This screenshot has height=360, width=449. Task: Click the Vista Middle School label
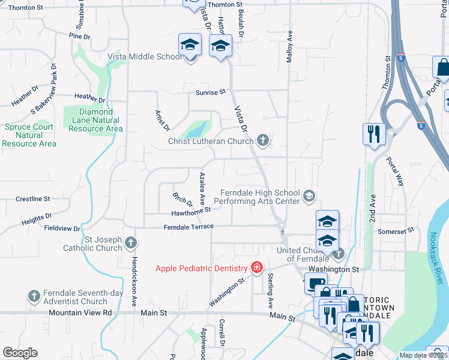point(144,57)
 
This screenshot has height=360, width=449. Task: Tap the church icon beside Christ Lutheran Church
point(262,141)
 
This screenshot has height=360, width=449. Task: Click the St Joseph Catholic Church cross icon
point(131,243)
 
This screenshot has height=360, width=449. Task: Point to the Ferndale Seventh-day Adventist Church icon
point(34,296)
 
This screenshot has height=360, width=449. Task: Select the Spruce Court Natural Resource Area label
point(29,135)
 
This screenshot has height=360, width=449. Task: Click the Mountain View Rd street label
point(80,313)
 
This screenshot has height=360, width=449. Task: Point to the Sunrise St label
point(209,92)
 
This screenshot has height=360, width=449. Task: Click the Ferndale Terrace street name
point(188,227)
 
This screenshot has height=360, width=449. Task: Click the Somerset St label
point(396,230)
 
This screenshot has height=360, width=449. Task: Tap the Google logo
point(20,353)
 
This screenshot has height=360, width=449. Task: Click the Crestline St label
point(32,198)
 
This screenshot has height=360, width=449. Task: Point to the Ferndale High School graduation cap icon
point(309,196)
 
